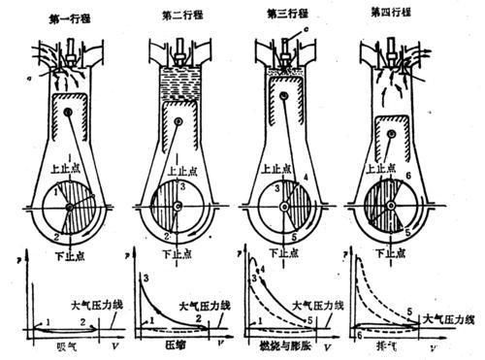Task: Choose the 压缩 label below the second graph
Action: pos(177,344)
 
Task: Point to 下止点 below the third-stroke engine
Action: pos(284,249)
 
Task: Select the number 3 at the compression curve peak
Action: pos(145,279)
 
